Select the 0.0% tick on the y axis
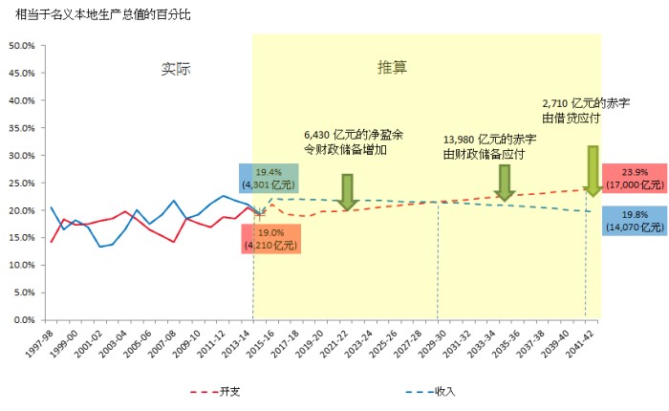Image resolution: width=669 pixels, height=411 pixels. pos(23,319)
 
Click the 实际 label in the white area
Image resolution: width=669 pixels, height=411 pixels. pos(176,69)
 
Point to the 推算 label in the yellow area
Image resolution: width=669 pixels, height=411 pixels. pos(392,68)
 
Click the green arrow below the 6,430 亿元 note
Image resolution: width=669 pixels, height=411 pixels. pos(348,191)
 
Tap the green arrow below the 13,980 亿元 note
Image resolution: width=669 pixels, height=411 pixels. pos(505,182)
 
